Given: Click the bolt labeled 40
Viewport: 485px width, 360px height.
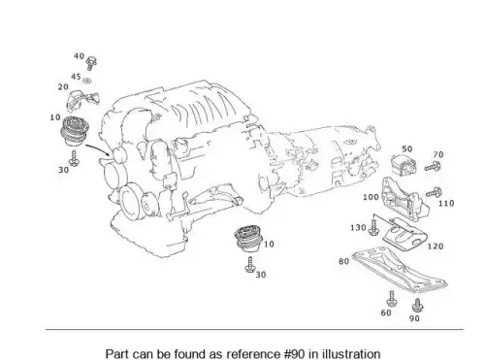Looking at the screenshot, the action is (91, 63).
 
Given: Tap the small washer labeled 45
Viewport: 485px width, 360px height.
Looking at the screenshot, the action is (86, 81).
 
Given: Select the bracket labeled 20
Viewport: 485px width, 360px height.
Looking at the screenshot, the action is (82, 100).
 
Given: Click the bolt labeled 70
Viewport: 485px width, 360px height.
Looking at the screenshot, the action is (433, 167).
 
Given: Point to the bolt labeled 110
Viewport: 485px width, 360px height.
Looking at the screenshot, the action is (434, 193).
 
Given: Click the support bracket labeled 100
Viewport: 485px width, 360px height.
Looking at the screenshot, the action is (404, 199).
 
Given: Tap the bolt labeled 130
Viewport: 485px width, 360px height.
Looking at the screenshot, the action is (373, 227).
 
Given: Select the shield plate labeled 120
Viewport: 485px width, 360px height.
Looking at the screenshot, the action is (405, 235).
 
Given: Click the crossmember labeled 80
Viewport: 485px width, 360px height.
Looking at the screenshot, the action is (400, 270).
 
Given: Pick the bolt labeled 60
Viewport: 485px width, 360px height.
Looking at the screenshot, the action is (392, 298).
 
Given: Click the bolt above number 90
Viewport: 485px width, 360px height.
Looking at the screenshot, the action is (417, 305).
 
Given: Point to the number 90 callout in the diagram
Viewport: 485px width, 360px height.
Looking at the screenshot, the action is (414, 318).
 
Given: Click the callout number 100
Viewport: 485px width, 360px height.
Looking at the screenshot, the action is (371, 197).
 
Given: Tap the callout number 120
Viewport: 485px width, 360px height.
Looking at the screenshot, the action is (436, 246).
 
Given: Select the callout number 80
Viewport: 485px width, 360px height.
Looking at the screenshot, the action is (344, 261).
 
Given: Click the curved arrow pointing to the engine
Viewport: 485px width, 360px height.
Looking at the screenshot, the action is (98, 148).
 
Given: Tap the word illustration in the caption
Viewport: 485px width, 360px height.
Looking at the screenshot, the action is (351, 354).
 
